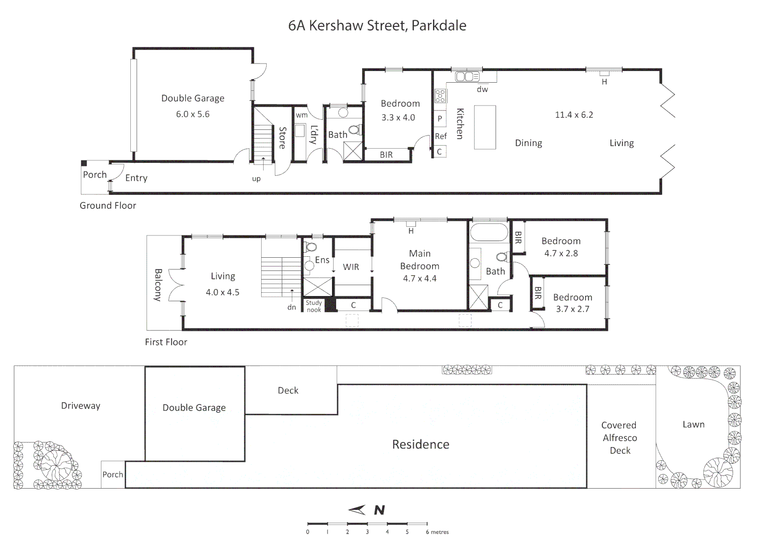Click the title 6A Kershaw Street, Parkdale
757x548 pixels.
coord(377,25)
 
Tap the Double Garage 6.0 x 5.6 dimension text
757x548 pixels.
coord(193,114)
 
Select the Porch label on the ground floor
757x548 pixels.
coord(95,175)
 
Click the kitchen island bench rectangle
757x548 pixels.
coord(485,127)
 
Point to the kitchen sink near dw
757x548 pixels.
coord(467,77)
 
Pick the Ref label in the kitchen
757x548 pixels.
coord(441,136)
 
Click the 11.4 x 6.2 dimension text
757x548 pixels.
coord(574,115)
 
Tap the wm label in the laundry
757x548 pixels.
coord(302,115)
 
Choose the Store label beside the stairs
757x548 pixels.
coord(282,138)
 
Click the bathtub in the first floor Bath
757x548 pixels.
coord(489,232)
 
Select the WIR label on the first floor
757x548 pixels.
coord(351,267)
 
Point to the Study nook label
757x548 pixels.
coord(314,306)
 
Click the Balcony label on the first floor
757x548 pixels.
coord(158,285)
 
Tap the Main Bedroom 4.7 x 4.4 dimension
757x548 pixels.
coord(419,278)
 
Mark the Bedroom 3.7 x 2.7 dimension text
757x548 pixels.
coord(572,309)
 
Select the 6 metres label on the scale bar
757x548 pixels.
coord(437,532)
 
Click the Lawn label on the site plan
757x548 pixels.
coord(693,425)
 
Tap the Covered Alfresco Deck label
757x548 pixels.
coord(619,437)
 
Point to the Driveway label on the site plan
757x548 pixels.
coord(81,406)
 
